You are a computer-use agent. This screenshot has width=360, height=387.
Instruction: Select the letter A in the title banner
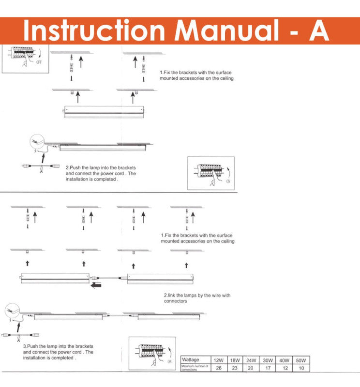point(318,30)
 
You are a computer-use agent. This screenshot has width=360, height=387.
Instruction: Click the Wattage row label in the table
point(190,360)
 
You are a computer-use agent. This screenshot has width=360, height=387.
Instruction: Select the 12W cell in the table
point(219,360)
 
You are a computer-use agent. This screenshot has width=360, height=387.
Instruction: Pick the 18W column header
point(235,360)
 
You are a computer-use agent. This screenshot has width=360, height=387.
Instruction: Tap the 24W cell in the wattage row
point(251,360)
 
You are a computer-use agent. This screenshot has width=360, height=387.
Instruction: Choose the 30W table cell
point(268,360)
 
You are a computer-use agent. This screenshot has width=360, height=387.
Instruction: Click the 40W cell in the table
point(285,360)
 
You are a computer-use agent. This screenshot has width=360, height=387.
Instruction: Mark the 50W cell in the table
point(301,360)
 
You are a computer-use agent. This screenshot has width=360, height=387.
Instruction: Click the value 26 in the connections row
point(219,368)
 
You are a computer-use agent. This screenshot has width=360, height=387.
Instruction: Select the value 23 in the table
point(235,368)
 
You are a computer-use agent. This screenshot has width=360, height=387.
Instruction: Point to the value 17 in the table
point(268,368)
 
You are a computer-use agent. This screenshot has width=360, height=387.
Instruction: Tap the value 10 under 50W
point(301,368)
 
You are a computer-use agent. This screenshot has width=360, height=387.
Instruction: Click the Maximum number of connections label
point(195,368)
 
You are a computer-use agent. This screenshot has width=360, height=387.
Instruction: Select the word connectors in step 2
point(175,301)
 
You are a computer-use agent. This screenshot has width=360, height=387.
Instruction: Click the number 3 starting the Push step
point(24,346)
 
